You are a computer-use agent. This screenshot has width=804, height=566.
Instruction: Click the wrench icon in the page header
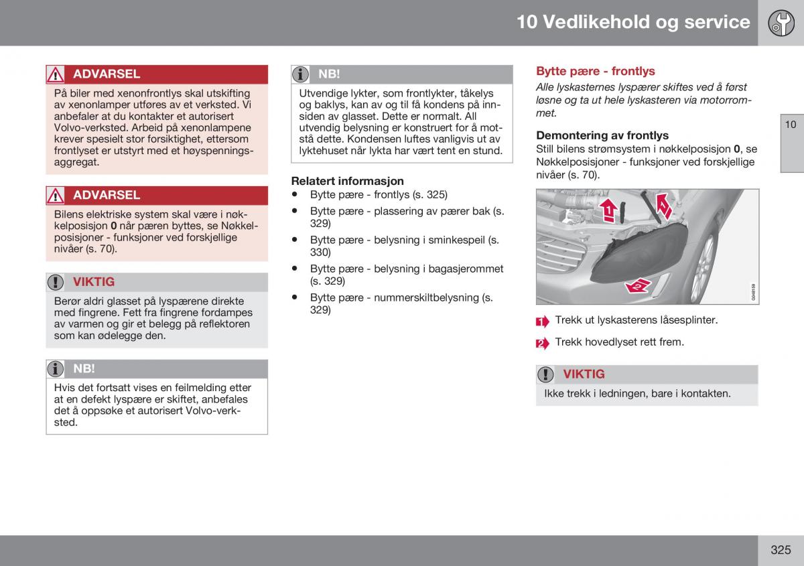coord(781,23)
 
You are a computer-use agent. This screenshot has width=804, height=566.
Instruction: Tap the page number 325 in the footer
coord(781,549)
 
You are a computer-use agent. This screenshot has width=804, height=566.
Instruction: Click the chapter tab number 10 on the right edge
coord(791,125)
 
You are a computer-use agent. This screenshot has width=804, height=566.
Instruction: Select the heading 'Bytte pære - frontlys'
coord(595,71)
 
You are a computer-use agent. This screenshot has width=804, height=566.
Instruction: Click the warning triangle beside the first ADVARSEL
coord(55,74)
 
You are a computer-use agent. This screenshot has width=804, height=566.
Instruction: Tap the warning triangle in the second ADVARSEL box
coord(55,196)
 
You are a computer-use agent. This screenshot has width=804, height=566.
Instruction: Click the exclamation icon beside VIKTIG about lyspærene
coord(55,282)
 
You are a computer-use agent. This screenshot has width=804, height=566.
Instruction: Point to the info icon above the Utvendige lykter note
coord(300,74)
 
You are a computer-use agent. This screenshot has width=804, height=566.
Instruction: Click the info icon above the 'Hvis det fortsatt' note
coord(55,369)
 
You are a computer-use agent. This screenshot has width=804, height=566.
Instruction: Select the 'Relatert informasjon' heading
coord(347,181)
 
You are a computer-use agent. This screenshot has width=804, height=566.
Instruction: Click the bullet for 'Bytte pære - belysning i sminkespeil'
coord(295,239)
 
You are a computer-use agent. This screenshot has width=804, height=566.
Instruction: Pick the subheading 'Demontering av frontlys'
coord(602,135)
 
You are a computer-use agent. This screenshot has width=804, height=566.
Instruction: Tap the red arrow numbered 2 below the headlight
coord(638,286)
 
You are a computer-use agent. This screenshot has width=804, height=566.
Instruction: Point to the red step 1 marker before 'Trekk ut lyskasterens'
coord(542,322)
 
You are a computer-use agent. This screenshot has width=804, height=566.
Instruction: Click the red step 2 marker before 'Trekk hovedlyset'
coord(542,344)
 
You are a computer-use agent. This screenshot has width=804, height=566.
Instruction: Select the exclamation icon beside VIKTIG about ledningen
coord(545,374)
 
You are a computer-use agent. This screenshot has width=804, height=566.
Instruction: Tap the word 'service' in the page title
coord(717,22)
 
